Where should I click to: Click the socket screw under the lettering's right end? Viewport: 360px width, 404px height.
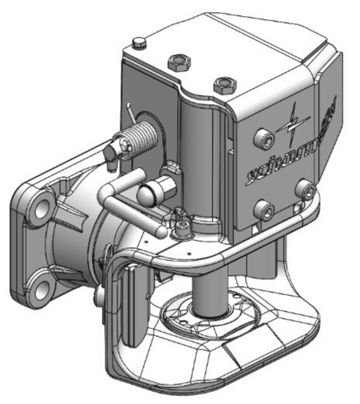pyautogui.click(x=304, y=190)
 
